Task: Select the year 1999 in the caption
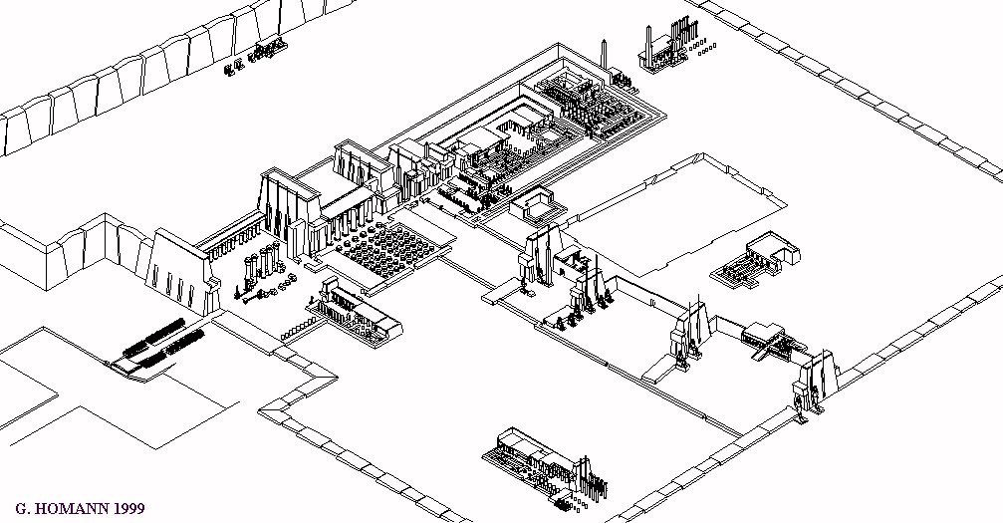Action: (x=128, y=510)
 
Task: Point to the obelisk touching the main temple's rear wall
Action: (x=604, y=55)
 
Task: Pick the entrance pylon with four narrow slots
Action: (x=179, y=272)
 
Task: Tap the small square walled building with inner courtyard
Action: (x=538, y=203)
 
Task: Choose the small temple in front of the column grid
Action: (x=354, y=309)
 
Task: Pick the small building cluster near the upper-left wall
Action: (x=255, y=56)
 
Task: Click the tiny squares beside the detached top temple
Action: (x=706, y=48)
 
